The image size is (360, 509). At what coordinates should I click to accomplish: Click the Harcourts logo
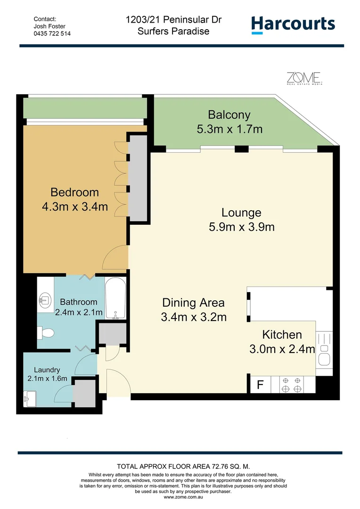293,25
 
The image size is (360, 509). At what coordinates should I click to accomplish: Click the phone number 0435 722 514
52,34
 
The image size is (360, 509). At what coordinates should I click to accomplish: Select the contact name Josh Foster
49,26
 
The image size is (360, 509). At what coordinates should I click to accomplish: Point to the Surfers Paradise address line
173,32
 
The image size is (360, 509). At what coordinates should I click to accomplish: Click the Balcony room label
229,115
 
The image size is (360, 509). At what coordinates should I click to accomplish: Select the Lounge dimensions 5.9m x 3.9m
241,227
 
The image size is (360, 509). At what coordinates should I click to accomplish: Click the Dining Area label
193,303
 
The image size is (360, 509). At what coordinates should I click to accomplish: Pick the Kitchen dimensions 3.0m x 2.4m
282,349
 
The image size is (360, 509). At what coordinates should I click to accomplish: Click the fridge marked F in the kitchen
260,385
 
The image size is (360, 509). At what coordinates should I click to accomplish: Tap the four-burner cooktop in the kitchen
291,385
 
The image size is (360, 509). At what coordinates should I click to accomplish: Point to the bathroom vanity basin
46,299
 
